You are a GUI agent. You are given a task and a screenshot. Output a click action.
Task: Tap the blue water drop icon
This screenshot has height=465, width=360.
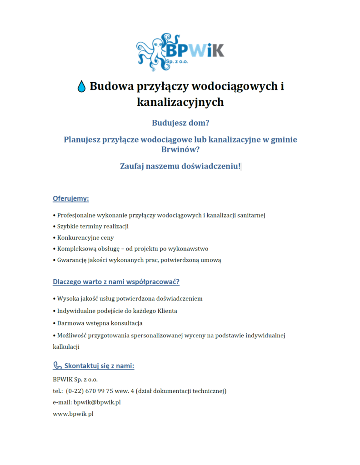81,86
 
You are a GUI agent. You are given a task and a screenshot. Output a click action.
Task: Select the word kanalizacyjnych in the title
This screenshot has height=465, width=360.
180,102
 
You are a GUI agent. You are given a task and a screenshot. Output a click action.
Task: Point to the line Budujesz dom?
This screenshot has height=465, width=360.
180,123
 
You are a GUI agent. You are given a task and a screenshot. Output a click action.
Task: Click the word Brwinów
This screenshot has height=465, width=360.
180,149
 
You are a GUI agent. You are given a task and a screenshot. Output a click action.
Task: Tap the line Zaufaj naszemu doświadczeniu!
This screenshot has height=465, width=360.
180,166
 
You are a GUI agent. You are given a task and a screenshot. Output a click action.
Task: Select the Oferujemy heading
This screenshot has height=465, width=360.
70,198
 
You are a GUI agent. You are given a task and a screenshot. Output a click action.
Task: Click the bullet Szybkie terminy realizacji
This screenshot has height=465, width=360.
93,226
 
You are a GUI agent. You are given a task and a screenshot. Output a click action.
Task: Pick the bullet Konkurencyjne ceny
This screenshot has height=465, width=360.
85,237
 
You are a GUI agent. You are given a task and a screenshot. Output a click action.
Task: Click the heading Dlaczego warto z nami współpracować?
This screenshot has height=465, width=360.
116,282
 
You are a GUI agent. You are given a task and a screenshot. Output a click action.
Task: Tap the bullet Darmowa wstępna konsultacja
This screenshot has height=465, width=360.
100,323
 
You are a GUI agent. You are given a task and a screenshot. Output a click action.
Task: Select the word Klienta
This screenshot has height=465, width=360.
167,311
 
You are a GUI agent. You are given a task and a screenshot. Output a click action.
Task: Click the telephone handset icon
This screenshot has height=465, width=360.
57,366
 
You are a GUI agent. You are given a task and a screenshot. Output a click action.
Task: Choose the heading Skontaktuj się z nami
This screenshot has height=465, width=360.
99,366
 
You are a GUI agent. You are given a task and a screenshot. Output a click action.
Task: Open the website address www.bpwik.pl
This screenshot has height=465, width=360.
73,414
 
